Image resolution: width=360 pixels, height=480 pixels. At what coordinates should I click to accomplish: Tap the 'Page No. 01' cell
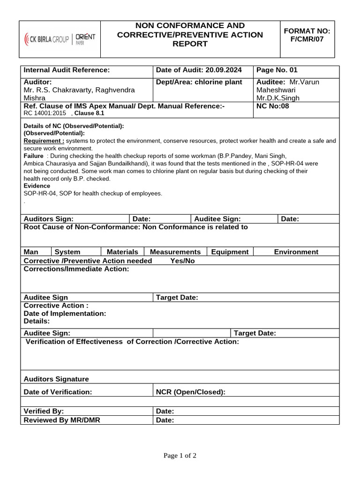click(x=277, y=70)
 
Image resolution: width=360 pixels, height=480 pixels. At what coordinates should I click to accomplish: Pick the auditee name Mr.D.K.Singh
click(x=277, y=98)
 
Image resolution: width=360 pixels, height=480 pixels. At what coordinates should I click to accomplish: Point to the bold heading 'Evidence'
click(x=37, y=186)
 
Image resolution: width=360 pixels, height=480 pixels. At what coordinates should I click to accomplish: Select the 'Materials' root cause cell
click(x=122, y=252)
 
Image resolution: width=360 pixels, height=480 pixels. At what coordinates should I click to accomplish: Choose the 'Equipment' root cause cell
click(x=230, y=252)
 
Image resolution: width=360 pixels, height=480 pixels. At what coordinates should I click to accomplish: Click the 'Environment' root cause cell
click(x=296, y=252)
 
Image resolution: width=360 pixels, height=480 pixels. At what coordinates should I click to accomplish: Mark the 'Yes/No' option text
click(x=182, y=261)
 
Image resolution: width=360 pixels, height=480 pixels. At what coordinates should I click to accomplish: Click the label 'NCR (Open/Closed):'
click(x=190, y=392)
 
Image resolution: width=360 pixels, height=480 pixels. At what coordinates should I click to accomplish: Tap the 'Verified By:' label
click(x=44, y=411)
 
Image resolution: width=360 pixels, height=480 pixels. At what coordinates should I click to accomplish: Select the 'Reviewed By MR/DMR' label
click(x=61, y=420)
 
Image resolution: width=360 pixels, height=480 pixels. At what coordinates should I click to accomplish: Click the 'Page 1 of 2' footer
click(x=180, y=456)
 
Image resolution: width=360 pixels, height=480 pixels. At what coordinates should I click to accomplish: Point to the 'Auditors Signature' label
click(x=56, y=379)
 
